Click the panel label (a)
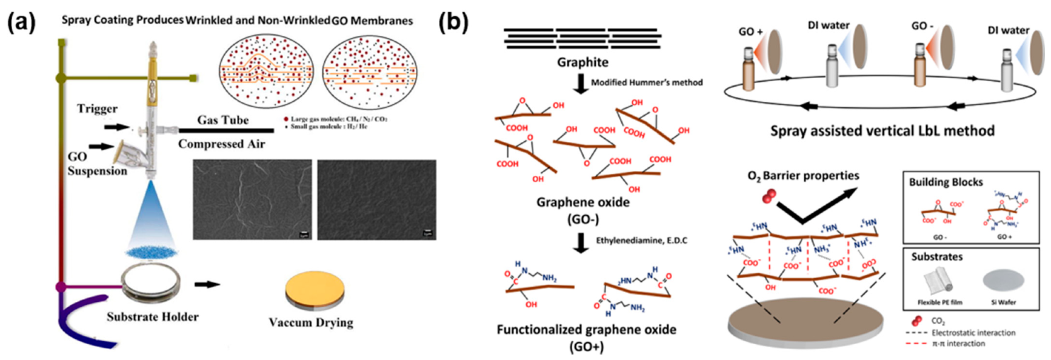tap(21, 23)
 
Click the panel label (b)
tap(453, 23)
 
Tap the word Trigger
tap(97, 108)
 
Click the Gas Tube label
tap(222, 120)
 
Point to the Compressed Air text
tap(221, 144)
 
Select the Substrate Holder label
tap(152, 316)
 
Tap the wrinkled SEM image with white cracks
tap(252, 199)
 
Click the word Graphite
tap(582, 62)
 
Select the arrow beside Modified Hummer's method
tap(581, 83)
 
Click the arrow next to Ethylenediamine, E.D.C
tap(581, 242)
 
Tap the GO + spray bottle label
tap(750, 32)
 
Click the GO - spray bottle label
tap(922, 26)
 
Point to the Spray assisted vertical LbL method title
tap(882, 130)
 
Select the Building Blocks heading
tap(946, 182)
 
